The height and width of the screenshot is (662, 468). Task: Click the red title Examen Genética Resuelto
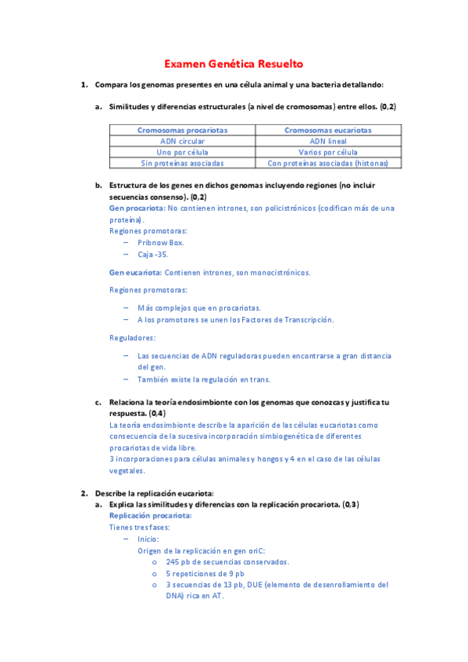coord(234,64)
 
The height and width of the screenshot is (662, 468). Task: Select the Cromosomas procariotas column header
coord(183,130)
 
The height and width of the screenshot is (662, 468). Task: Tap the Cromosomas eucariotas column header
coord(327,130)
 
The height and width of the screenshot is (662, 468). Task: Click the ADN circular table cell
coord(183,141)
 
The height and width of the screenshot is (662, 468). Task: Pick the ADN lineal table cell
coord(327,141)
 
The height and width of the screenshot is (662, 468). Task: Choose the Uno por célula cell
coord(183,152)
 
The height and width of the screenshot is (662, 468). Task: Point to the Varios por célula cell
coord(327,152)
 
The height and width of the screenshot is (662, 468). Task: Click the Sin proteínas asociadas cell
coord(183,163)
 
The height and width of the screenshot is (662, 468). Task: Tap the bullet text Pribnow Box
coord(161,243)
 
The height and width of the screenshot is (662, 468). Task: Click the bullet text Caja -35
coord(153,254)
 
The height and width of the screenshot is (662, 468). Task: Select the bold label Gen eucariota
coord(135,272)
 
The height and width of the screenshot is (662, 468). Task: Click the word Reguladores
coord(132,337)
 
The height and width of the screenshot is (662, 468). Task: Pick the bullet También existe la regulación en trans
coord(204,379)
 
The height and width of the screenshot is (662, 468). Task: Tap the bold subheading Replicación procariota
coord(150,516)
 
